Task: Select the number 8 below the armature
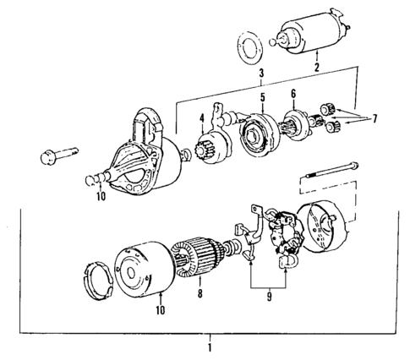(x=200, y=294)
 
